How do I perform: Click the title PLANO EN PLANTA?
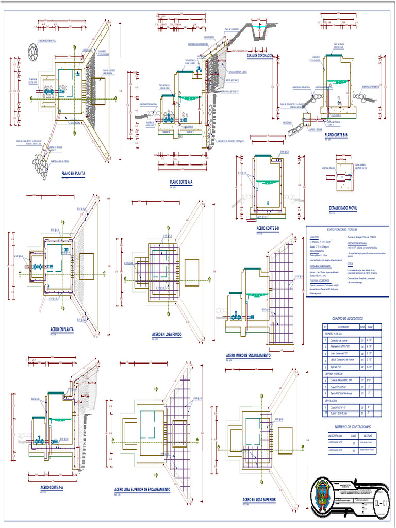(x=73, y=174)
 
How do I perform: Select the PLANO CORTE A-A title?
(x=181, y=182)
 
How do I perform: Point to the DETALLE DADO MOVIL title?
(x=343, y=208)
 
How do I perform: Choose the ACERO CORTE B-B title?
(x=268, y=228)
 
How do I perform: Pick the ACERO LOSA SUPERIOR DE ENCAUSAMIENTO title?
(x=142, y=489)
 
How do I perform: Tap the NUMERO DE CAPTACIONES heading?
(x=352, y=427)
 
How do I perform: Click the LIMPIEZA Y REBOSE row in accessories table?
(x=335, y=373)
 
